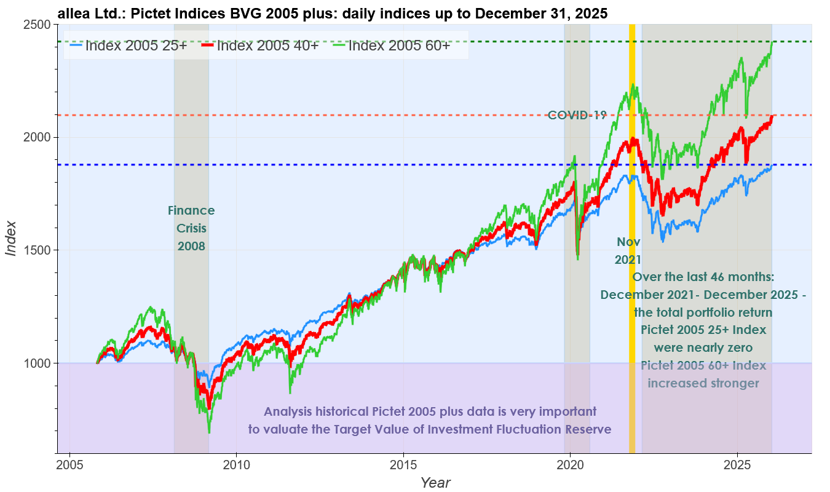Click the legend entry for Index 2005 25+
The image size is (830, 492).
coord(128,45)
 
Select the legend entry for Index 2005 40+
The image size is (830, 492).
coord(259,45)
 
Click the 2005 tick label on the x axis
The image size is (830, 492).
coord(70,462)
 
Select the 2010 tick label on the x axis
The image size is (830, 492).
coord(237,462)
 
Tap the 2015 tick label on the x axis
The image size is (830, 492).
coord(403,462)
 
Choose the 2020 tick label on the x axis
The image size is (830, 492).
coord(570,462)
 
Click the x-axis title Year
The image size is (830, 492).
coord(435,482)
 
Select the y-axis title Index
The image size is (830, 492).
coord(11,239)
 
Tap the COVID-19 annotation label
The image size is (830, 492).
coord(577,115)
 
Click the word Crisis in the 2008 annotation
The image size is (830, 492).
coord(191,228)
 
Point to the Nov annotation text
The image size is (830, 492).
coord(628,242)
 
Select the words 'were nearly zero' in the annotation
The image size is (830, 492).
coord(703,347)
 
